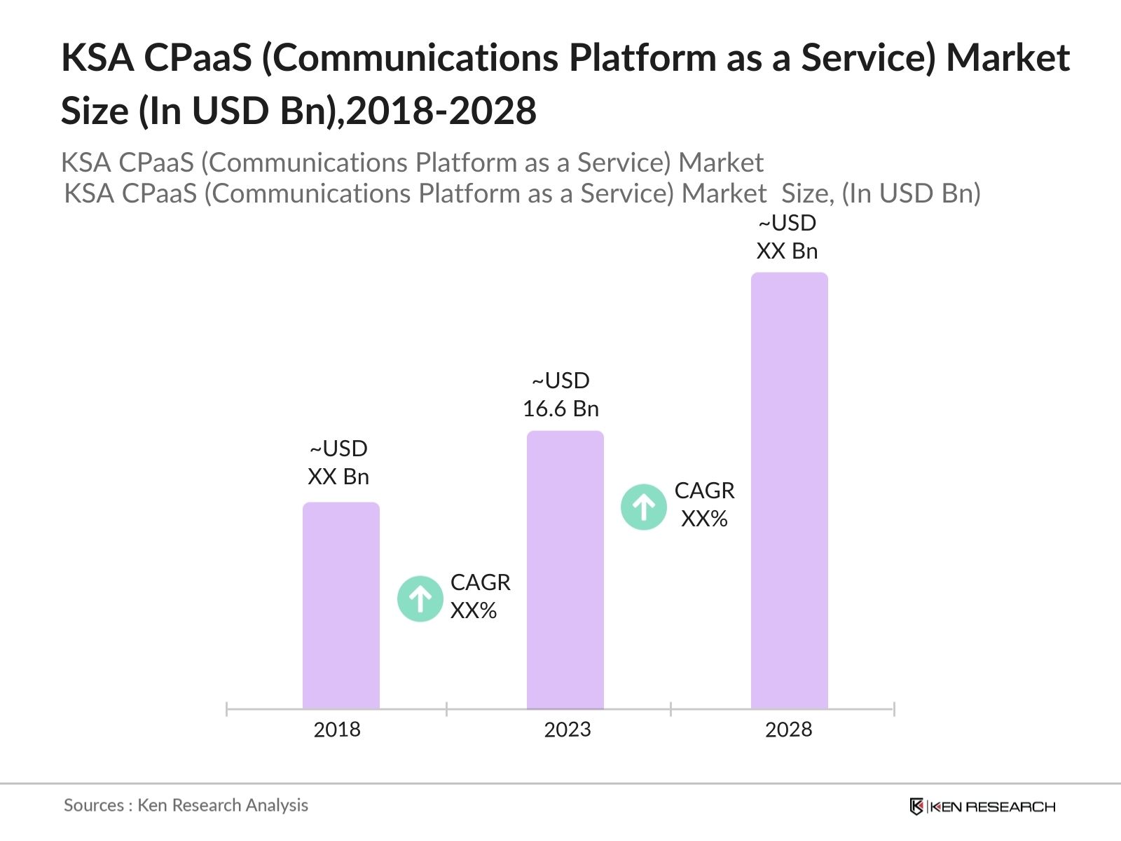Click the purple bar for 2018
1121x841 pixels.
[x=341, y=606]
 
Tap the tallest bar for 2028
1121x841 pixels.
[x=790, y=491]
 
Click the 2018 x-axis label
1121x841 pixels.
[x=337, y=730]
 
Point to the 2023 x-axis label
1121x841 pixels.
[x=568, y=730]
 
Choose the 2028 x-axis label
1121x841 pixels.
[x=788, y=730]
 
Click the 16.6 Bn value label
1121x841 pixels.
[x=560, y=409]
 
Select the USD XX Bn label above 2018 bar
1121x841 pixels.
[x=338, y=463]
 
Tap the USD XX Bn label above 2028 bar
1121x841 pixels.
[x=787, y=237]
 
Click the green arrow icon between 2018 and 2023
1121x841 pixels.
[x=420, y=599]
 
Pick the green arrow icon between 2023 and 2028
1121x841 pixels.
[x=644, y=507]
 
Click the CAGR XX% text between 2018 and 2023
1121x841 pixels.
[x=480, y=596]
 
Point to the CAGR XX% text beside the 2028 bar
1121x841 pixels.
[x=704, y=505]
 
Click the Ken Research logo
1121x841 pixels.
[x=982, y=807]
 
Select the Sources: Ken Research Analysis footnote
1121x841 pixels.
[x=186, y=805]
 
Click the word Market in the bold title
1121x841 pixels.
[x=1007, y=57]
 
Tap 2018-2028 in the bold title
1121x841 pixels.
[x=441, y=111]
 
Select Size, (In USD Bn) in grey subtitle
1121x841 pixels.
[x=881, y=193]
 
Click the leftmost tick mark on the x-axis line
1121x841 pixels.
[x=227, y=709]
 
